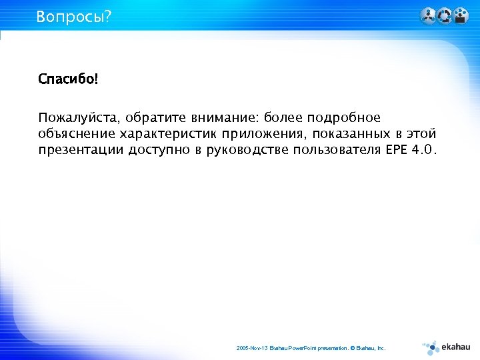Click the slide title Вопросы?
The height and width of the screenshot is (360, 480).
pyautogui.click(x=74, y=16)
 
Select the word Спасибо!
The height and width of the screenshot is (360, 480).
pyautogui.click(x=68, y=80)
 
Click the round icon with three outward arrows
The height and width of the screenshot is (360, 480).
pyautogui.click(x=428, y=15)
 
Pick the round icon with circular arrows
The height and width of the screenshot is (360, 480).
pyautogui.click(x=444, y=15)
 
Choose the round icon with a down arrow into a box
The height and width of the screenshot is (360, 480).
pyautogui.click(x=460, y=15)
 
